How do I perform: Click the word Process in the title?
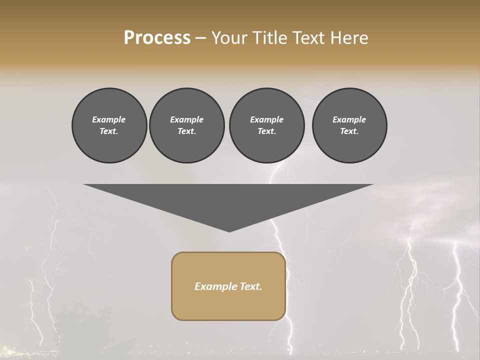(x=157, y=38)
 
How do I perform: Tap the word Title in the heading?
(x=269, y=38)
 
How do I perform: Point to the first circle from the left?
(x=109, y=125)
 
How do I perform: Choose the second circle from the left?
(x=186, y=125)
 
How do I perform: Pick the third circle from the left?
(x=266, y=125)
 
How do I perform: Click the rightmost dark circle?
(x=349, y=125)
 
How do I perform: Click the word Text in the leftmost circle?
(x=108, y=131)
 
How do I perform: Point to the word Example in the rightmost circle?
(x=349, y=119)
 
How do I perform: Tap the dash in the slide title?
(x=200, y=38)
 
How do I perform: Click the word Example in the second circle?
(x=186, y=119)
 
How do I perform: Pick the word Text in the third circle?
(x=266, y=131)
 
